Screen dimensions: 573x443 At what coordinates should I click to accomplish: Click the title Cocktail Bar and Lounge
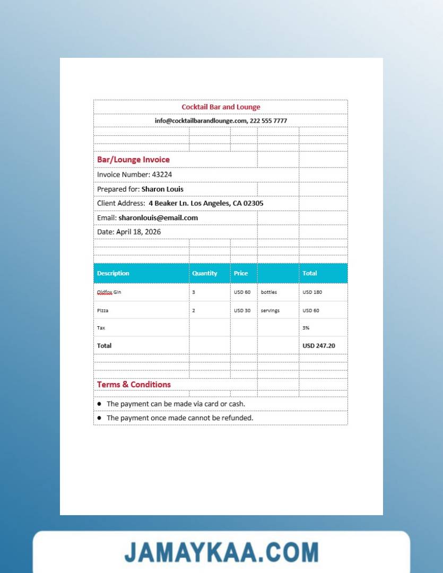(x=221, y=107)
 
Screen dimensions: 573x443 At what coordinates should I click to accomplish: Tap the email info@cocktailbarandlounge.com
(x=201, y=121)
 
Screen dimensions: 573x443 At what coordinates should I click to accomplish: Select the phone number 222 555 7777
(x=268, y=121)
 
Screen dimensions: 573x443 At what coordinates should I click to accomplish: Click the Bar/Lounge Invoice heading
(x=133, y=160)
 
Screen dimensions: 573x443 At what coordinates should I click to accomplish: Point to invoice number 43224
(x=162, y=175)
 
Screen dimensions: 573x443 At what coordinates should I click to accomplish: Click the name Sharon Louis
(x=162, y=189)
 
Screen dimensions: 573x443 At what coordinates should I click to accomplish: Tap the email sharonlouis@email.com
(x=158, y=218)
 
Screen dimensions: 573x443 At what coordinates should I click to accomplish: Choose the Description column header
(x=113, y=273)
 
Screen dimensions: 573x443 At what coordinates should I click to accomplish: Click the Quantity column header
(x=205, y=273)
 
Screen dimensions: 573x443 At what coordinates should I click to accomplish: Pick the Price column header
(x=241, y=273)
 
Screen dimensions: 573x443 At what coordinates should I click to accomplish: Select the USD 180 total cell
(x=312, y=292)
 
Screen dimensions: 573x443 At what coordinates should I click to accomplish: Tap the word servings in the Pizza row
(x=270, y=310)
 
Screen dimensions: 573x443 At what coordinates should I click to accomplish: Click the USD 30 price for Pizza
(x=242, y=310)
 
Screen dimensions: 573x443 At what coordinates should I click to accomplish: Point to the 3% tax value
(x=306, y=328)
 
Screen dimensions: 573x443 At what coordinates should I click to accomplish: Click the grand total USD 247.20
(x=318, y=345)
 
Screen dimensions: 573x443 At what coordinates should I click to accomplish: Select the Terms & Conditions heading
(x=134, y=385)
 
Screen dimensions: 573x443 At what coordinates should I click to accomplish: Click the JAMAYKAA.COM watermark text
(x=221, y=552)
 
